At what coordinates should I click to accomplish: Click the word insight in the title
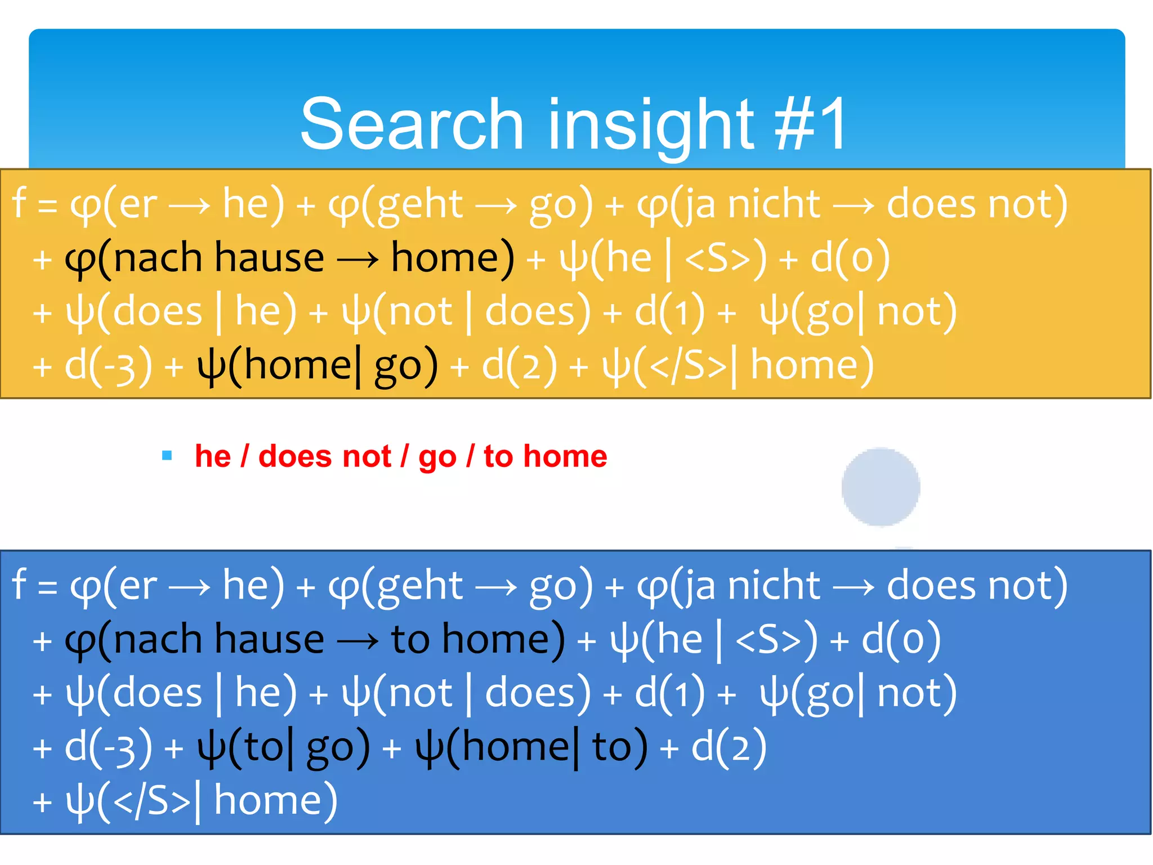[650, 125]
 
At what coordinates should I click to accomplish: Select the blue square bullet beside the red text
[167, 455]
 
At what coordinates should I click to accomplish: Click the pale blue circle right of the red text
[881, 487]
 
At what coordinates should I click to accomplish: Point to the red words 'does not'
[324, 456]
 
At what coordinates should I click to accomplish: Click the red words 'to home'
[545, 456]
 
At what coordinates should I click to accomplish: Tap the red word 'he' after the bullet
[212, 456]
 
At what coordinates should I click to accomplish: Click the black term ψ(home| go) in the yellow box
[317, 366]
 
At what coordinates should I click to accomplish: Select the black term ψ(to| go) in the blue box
[283, 748]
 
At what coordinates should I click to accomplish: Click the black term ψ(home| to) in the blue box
[531, 748]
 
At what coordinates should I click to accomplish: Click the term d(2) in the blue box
[729, 748]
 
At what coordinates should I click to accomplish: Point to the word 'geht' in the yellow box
[419, 204]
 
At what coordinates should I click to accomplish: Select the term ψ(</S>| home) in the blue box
[201, 801]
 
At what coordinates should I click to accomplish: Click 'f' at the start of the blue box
[19, 585]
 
